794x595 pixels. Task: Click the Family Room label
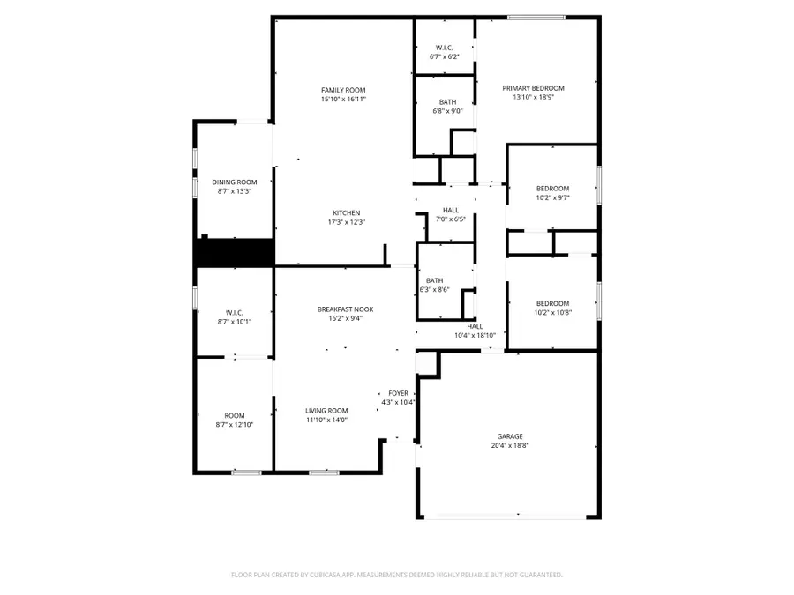click(343, 90)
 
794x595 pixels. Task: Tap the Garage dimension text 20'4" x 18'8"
click(509, 446)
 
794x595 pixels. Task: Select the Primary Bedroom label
click(533, 88)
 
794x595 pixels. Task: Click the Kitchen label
click(346, 212)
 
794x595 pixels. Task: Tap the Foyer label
click(397, 393)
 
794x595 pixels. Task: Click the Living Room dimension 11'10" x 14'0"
click(326, 420)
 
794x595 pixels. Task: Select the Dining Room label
click(235, 182)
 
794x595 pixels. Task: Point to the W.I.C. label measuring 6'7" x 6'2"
click(445, 48)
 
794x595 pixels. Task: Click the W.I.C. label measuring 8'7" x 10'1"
click(234, 312)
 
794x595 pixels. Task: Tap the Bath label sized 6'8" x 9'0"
click(447, 102)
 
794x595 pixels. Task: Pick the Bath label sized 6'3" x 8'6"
click(433, 280)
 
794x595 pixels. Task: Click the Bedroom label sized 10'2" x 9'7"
click(552, 189)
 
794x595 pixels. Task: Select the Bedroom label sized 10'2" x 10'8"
click(552, 303)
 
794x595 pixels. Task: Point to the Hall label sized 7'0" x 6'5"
click(451, 210)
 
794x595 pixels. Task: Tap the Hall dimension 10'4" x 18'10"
click(475, 336)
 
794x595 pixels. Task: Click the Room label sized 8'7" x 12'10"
click(234, 415)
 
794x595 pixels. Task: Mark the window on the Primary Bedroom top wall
click(536, 17)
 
